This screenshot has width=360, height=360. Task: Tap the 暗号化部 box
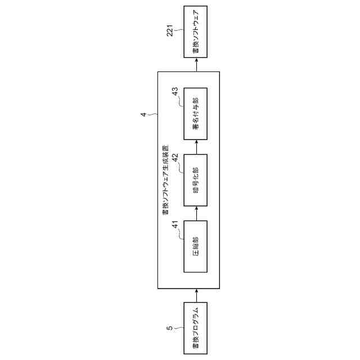click(x=196, y=182)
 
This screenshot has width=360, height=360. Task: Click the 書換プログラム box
click(x=196, y=328)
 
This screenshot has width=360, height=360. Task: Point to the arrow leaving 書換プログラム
click(x=196, y=295)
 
